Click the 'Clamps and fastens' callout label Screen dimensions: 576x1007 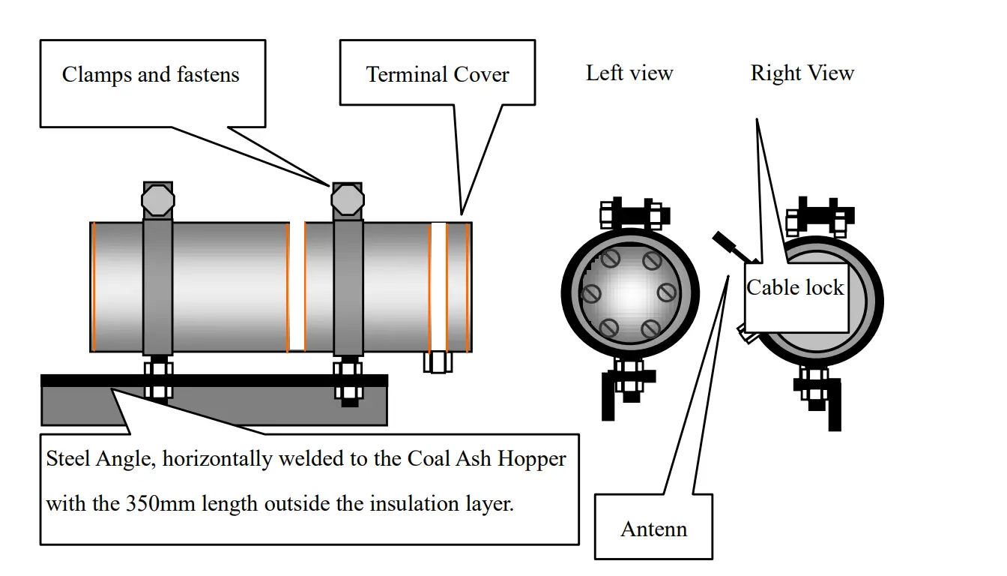click(151, 75)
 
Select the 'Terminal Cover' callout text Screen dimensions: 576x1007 click(438, 75)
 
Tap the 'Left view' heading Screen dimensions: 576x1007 click(629, 73)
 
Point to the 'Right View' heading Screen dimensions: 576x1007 click(802, 73)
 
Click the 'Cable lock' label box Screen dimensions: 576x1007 click(796, 289)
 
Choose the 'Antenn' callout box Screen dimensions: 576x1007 click(654, 529)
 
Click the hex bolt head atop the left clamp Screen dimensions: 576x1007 click(158, 200)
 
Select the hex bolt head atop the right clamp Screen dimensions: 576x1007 click(348, 199)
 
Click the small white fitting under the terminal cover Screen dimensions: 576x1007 click(438, 362)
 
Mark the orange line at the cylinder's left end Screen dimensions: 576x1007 click(94, 286)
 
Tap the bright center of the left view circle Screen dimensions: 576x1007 click(629, 292)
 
